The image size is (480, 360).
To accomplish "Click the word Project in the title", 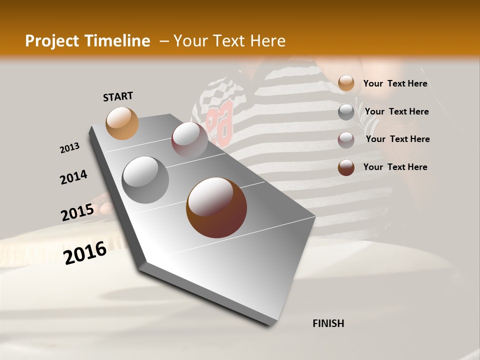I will tap(51, 41).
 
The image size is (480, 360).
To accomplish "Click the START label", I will tap(118, 96).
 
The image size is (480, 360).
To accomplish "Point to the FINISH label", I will tap(328, 323).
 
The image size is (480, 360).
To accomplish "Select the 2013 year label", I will tap(70, 148).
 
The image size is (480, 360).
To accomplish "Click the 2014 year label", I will tap(74, 177).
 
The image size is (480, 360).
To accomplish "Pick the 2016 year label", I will tap(85, 253).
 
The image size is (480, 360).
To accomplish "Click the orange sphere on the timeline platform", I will tap(122, 123).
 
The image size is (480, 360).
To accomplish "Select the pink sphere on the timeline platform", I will tap(189, 140).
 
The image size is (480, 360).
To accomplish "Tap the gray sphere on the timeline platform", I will tap(145, 179).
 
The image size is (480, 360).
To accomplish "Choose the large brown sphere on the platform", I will tap(216, 207).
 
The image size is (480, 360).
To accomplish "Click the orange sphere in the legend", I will tap(346, 83).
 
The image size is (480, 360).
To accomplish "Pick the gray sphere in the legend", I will tap(346, 112).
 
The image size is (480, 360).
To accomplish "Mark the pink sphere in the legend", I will tap(346, 140).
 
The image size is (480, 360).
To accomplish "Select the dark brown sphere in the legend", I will tap(346, 167).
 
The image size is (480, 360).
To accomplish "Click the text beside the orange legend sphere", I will tap(395, 83).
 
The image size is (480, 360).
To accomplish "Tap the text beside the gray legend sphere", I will tap(396, 111).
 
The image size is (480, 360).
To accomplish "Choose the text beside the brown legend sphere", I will tap(395, 167).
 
